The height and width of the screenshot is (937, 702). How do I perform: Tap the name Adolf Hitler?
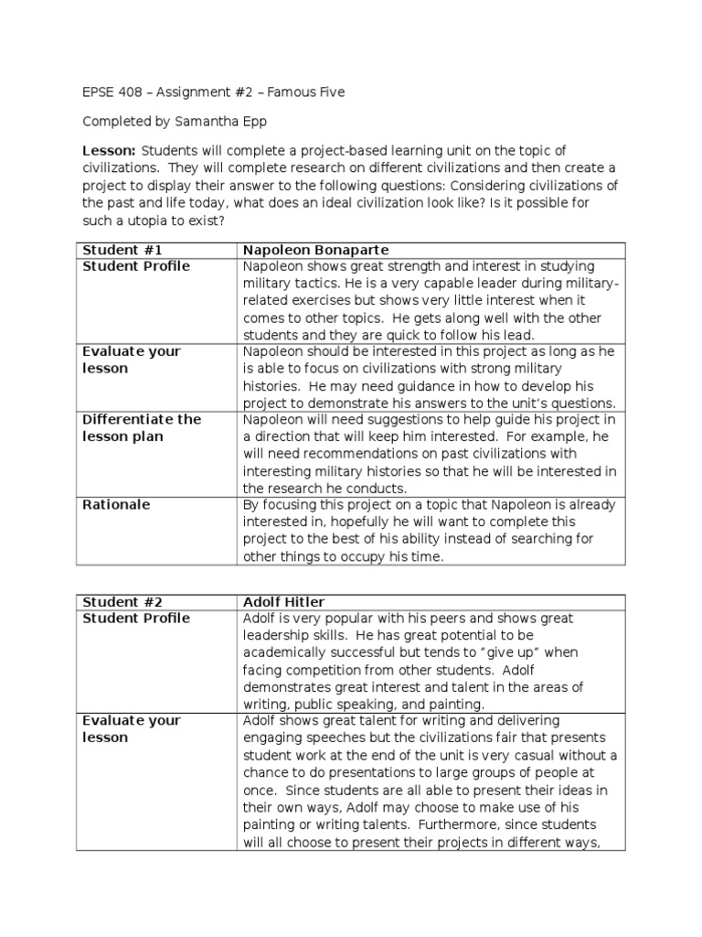284,601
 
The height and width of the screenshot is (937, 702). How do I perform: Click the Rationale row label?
116,504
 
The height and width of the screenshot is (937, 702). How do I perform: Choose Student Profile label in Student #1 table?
136,266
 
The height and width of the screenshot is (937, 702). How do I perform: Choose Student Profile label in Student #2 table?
136,619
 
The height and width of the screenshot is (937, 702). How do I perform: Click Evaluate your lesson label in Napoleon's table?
132,360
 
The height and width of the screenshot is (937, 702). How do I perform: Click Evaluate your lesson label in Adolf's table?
132,729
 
